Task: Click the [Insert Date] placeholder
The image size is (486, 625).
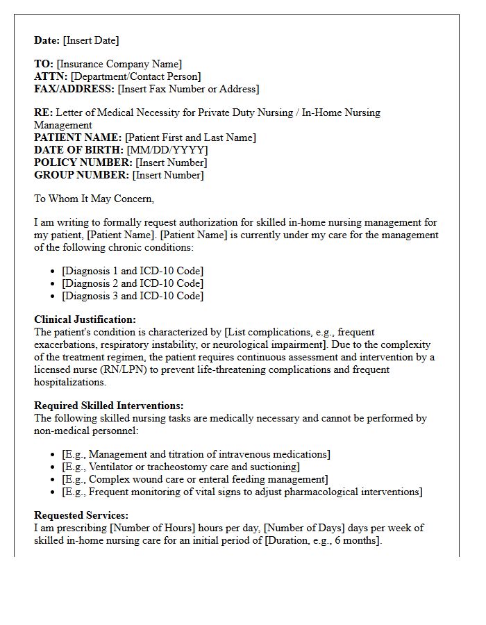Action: [x=91, y=40]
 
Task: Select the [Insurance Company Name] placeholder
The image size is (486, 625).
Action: [x=119, y=64]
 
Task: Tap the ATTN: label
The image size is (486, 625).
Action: [x=51, y=76]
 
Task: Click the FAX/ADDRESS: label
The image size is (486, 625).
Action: [x=74, y=89]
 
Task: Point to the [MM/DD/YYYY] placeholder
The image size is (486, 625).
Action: [x=167, y=150]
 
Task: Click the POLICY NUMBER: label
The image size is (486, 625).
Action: [x=83, y=162]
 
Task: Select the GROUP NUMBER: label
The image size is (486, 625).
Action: [x=81, y=175]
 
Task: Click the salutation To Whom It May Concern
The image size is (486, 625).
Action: [x=94, y=199]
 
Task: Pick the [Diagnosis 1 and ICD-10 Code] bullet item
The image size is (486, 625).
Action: [x=133, y=271]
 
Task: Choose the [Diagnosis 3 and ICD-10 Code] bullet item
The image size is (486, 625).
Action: [x=133, y=296]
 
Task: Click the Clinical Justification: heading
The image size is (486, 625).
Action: [x=85, y=319]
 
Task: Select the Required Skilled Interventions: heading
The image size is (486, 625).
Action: [x=109, y=406]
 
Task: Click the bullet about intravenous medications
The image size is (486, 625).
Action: [x=196, y=454]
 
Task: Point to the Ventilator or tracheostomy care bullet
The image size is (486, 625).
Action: [x=181, y=467]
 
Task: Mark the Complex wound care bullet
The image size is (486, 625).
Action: [x=194, y=479]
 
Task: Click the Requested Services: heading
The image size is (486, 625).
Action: [x=81, y=515]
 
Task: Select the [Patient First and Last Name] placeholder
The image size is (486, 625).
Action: [x=190, y=137]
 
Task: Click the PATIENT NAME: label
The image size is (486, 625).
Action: [x=78, y=137]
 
